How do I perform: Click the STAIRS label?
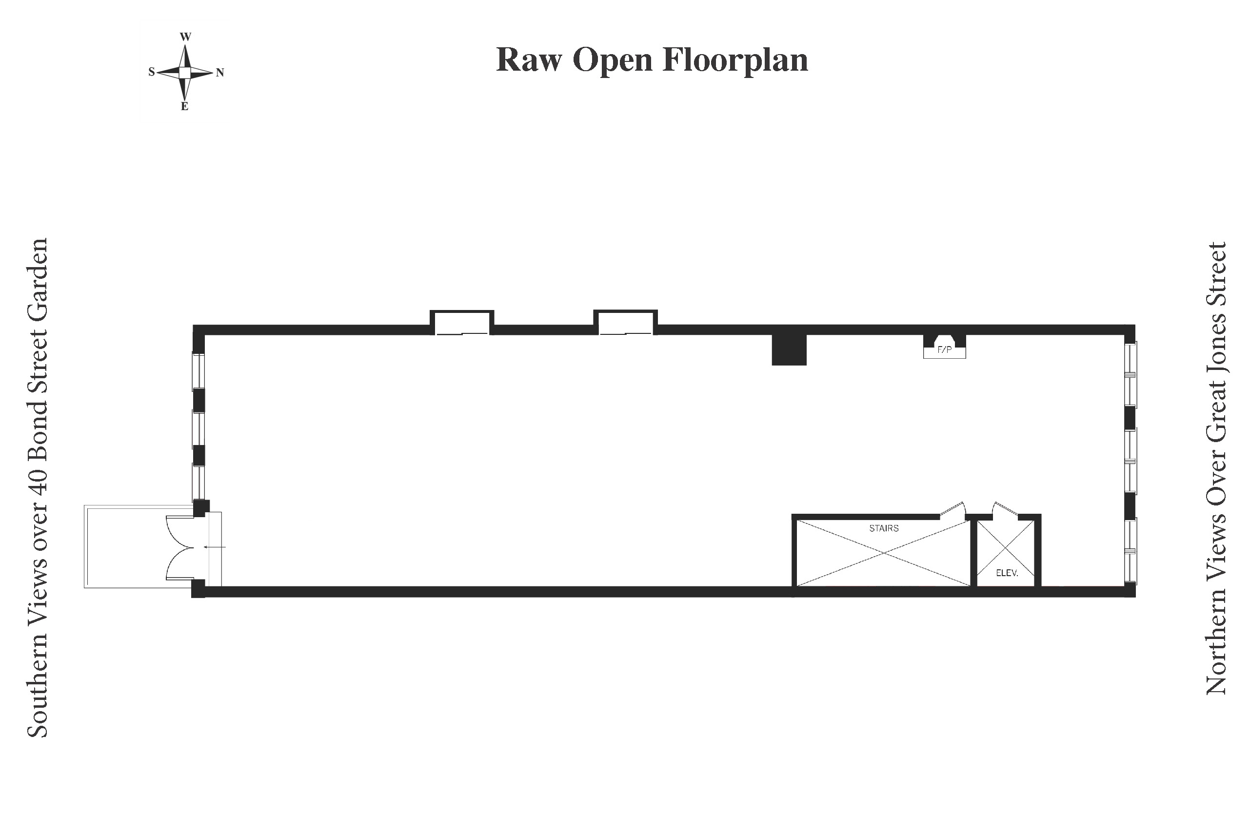tap(884, 528)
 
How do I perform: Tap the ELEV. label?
tap(1007, 573)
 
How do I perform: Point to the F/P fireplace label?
tap(944, 350)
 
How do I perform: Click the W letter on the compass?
tap(185, 37)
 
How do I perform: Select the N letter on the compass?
tap(220, 73)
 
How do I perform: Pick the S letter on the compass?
tap(152, 72)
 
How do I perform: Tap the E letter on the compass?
tap(184, 106)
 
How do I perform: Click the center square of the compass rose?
tap(184, 72)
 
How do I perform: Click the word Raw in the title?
tap(529, 59)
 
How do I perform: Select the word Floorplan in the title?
tap(735, 59)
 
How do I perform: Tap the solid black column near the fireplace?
tap(789, 350)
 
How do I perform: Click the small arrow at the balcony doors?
tap(215, 547)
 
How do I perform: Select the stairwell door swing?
tap(953, 510)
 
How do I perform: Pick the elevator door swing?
tap(1005, 509)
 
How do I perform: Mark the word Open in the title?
tap(612, 59)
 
